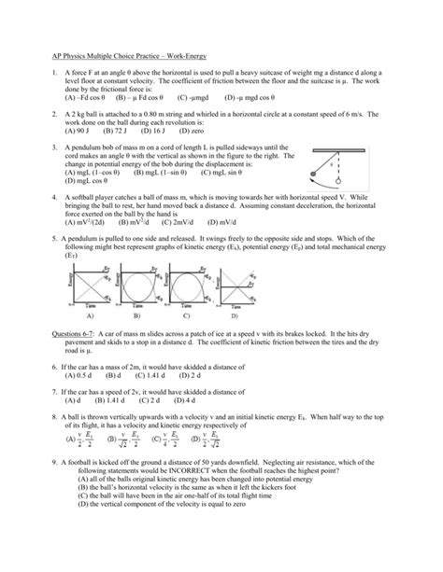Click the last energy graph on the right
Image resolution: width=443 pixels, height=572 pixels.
237,292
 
